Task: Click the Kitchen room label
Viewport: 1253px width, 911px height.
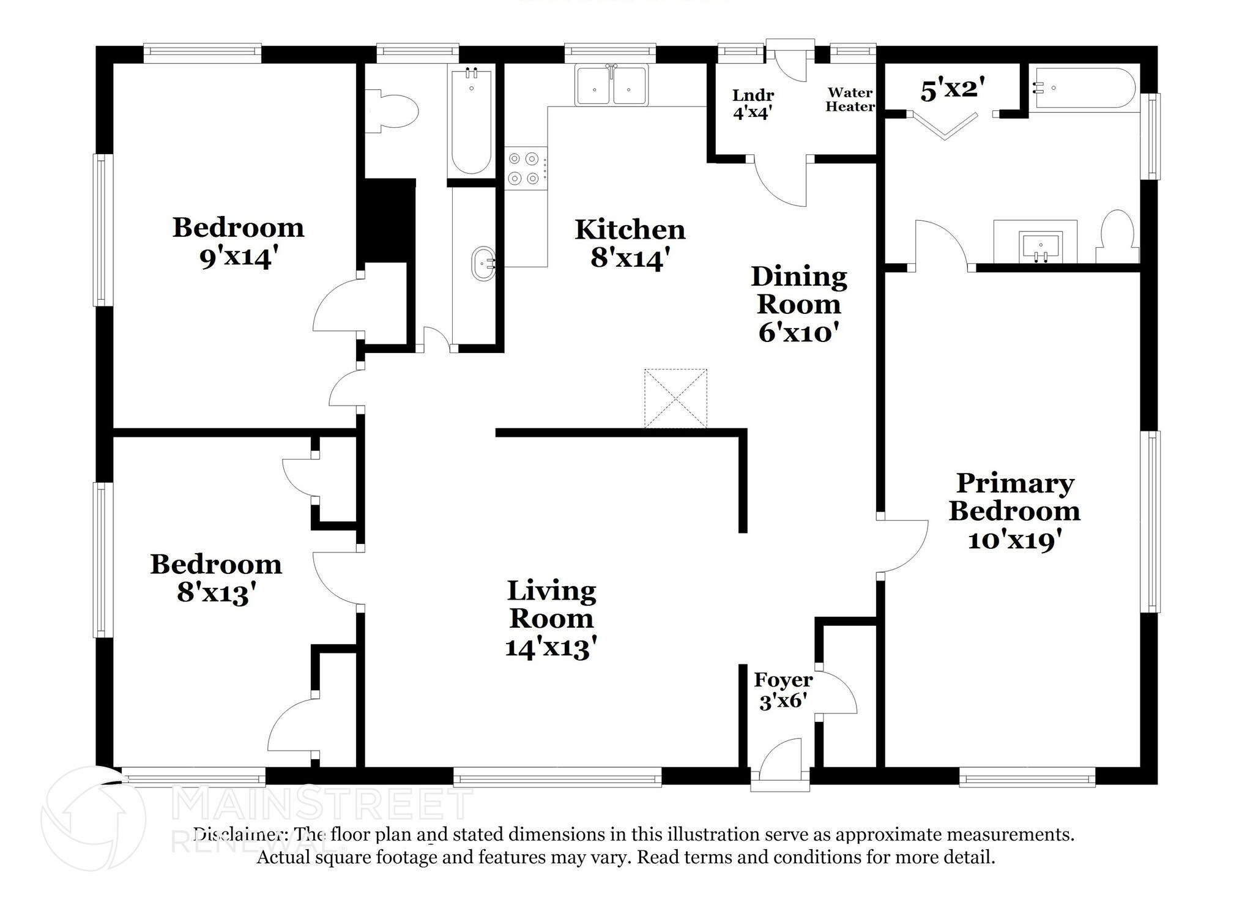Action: [630, 230]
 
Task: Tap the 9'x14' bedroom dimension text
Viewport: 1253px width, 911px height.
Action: [235, 258]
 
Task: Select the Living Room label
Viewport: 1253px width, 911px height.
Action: [551, 604]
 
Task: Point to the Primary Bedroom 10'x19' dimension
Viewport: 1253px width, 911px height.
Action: [1014, 540]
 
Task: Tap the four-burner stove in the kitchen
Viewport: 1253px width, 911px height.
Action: [526, 168]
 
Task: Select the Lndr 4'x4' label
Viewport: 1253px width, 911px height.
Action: [753, 104]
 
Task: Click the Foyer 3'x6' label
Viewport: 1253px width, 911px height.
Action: [783, 690]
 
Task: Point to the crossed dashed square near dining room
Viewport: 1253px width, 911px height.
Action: [675, 398]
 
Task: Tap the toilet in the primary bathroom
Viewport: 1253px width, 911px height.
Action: [1118, 238]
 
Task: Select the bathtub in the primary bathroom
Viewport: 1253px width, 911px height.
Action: [1082, 88]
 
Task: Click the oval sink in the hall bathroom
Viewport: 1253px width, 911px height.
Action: [483, 264]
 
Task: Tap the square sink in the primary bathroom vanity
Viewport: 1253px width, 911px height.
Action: [1040, 246]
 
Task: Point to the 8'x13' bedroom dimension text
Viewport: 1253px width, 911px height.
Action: [215, 592]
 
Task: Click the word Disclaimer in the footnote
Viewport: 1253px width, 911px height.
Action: [240, 835]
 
